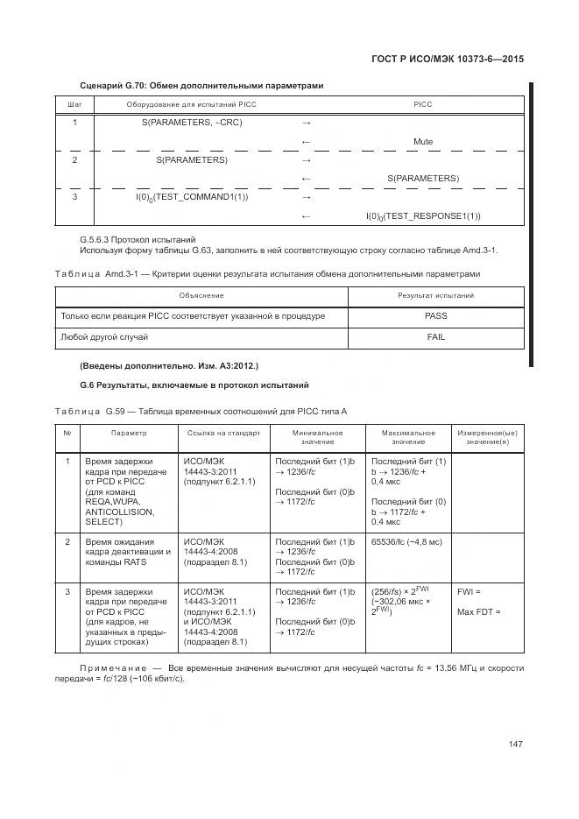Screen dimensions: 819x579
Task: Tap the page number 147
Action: [515, 744]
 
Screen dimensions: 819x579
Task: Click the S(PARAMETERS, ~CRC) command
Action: [192, 122]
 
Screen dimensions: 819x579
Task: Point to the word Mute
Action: [423, 141]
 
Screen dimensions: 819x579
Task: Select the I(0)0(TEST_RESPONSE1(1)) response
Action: [423, 215]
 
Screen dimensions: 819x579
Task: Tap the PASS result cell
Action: [435, 315]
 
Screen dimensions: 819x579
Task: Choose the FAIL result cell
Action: [435, 336]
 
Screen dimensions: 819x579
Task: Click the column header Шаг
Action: [74, 104]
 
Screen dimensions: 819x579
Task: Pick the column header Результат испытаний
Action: [435, 295]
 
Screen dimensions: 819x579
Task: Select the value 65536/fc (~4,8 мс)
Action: [406, 542]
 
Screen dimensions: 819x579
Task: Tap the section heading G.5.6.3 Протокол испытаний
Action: [138, 239]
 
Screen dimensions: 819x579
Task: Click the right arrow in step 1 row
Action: [307, 122]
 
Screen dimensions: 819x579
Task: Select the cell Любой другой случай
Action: [104, 336]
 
